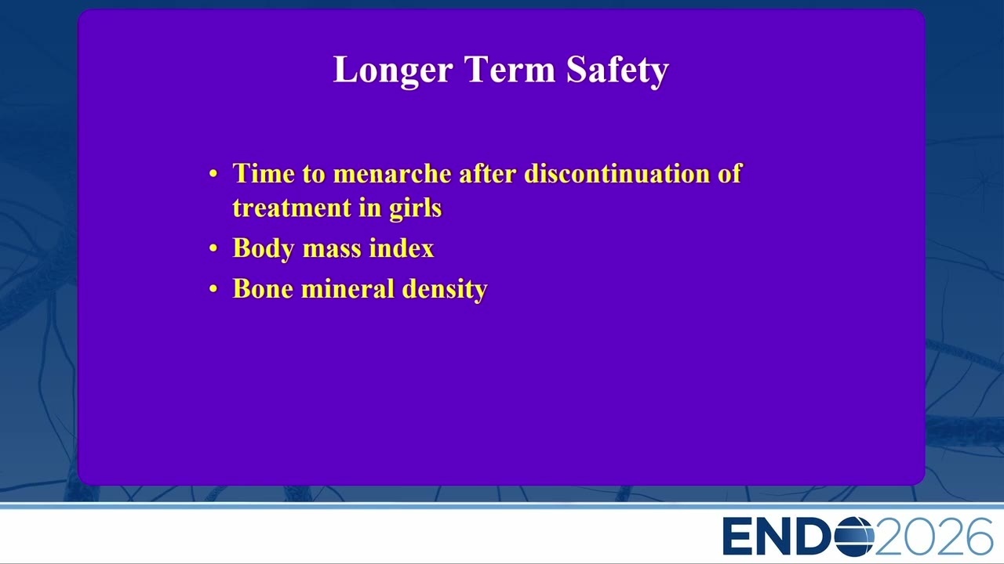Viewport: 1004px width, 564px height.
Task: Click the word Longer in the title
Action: [x=393, y=70]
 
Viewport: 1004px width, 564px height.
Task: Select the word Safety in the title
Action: [x=617, y=70]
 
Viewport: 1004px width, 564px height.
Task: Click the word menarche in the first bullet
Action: [x=392, y=173]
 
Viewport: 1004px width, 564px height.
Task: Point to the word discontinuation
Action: [x=617, y=173]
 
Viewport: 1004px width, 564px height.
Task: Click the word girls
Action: [x=416, y=208]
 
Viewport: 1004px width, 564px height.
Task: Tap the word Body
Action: [x=263, y=248]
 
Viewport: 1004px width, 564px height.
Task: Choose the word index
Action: [x=402, y=248]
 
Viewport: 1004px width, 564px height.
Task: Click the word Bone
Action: [x=263, y=288]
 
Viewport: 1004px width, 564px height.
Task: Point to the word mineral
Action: [x=347, y=288]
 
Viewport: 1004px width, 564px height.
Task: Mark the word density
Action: [x=445, y=290]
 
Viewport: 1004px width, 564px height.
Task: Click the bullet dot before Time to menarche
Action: [x=213, y=173]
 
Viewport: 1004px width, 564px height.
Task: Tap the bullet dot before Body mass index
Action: [x=213, y=248]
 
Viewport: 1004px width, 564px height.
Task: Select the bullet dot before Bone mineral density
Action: [x=213, y=289]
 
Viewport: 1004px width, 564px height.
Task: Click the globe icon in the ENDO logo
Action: [x=854, y=537]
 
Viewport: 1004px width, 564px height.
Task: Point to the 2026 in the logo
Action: [x=933, y=537]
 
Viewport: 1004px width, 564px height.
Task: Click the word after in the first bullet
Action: [x=487, y=173]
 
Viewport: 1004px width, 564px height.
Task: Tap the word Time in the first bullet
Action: [x=263, y=173]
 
